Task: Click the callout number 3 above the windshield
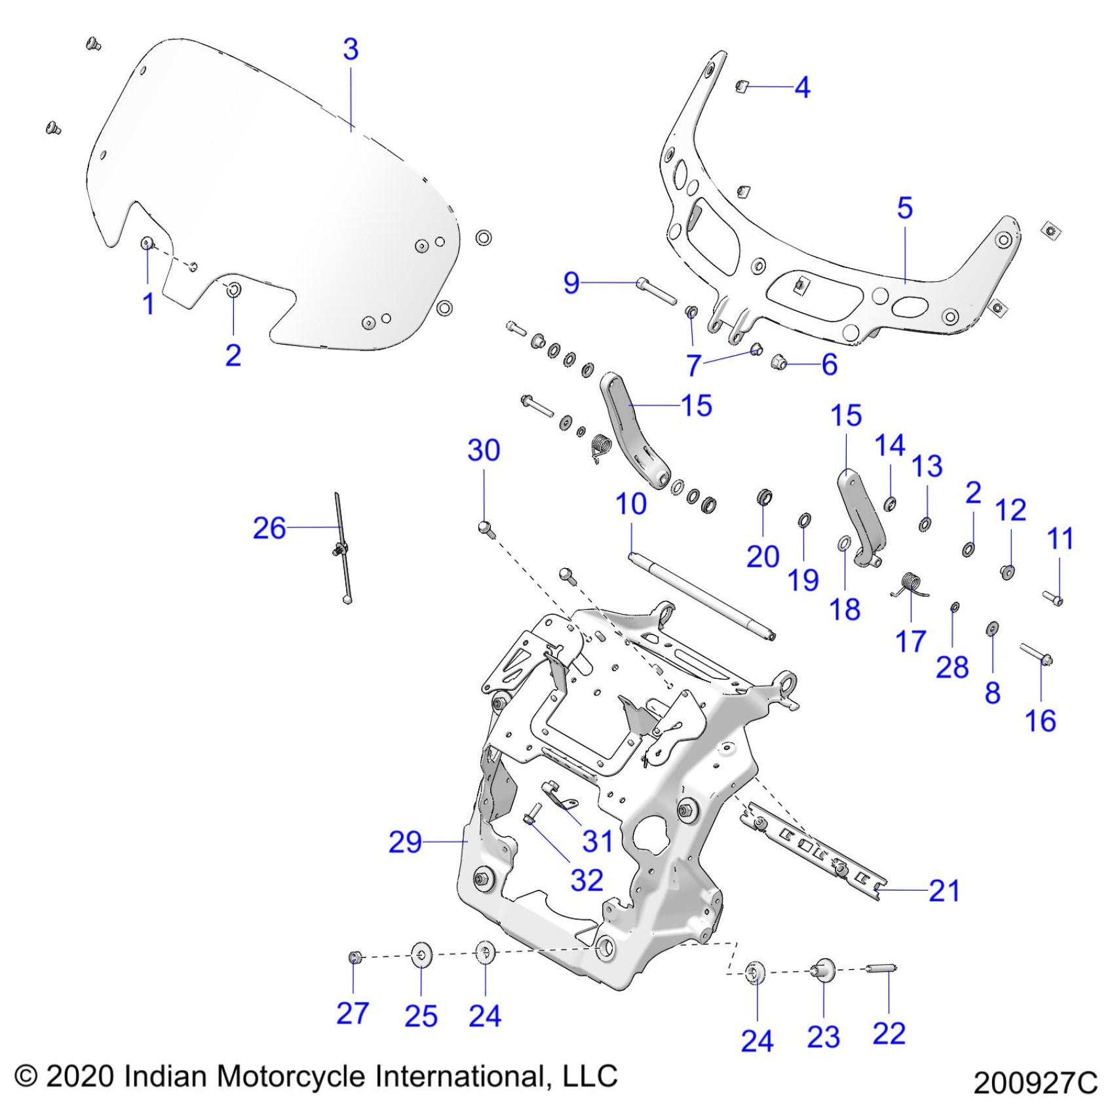(x=351, y=50)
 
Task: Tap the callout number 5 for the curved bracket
(x=904, y=208)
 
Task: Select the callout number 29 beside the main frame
(x=405, y=842)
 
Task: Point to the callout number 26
(x=269, y=528)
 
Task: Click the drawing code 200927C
(x=1035, y=1083)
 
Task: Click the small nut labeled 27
(x=355, y=959)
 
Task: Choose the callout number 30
(x=484, y=450)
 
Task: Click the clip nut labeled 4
(x=741, y=86)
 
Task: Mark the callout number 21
(x=944, y=891)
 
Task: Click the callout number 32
(x=586, y=880)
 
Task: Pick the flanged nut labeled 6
(x=779, y=361)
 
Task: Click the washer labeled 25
(x=421, y=955)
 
